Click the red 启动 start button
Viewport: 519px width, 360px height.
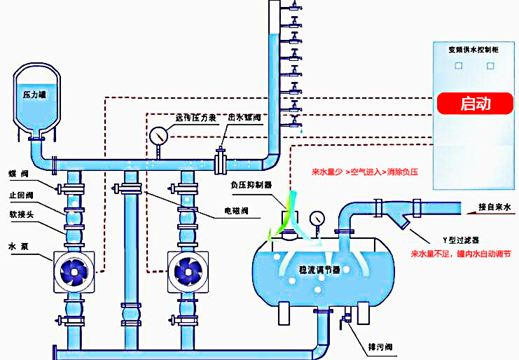(475, 104)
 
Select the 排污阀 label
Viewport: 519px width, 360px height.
(378, 347)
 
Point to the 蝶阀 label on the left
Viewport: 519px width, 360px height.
(19, 173)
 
